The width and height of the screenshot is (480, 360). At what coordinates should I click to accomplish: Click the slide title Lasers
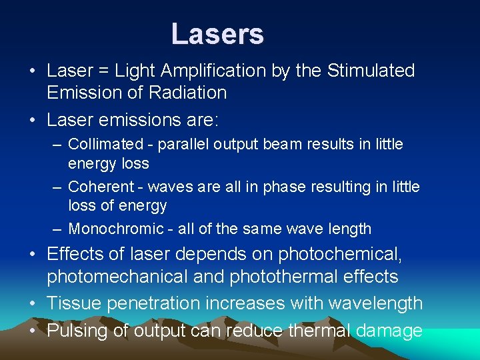point(217,34)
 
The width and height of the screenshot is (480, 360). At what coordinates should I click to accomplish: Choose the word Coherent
point(101,187)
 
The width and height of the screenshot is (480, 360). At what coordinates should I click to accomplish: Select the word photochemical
point(344,254)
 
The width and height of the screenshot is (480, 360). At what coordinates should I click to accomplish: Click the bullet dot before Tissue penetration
point(33,303)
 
